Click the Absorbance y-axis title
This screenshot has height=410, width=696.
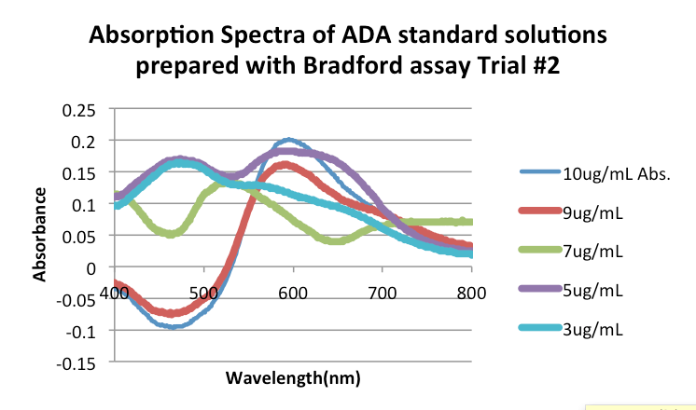[39, 234]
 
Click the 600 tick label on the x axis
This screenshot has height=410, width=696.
[293, 292]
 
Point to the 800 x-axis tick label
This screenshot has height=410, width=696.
[472, 292]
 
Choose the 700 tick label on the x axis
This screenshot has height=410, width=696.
[383, 292]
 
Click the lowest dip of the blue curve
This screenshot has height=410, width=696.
[172, 326]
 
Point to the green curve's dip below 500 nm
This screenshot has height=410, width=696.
[170, 234]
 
